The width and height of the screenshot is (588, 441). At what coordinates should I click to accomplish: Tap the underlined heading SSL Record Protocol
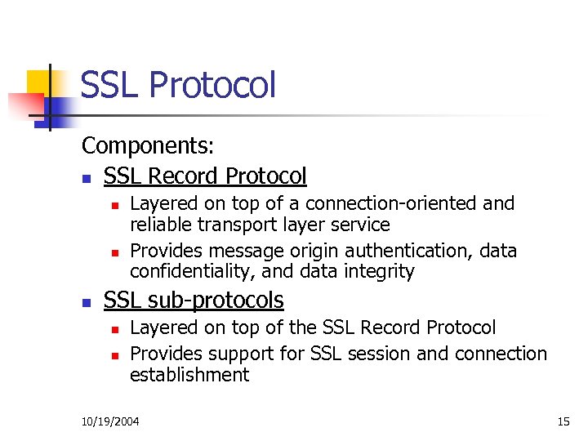click(205, 176)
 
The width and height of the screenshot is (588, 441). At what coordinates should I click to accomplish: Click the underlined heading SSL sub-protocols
click(194, 301)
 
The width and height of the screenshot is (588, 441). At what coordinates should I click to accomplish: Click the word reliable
click(159, 225)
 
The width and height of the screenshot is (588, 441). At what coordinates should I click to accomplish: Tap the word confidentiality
click(190, 271)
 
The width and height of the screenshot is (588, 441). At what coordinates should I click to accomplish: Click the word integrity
click(381, 271)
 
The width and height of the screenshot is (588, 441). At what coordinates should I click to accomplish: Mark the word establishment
click(189, 376)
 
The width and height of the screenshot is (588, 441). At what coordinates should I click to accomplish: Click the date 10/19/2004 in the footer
click(110, 421)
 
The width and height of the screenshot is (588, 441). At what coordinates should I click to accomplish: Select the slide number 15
click(563, 421)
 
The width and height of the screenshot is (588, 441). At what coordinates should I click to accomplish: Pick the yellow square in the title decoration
click(42, 83)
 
